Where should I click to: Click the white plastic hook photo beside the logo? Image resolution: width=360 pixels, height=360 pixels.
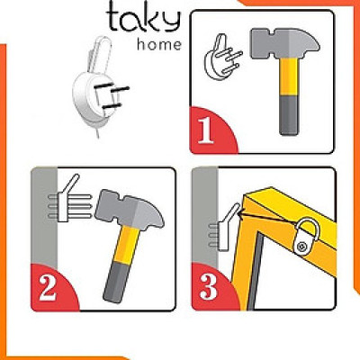coord(95,85)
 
